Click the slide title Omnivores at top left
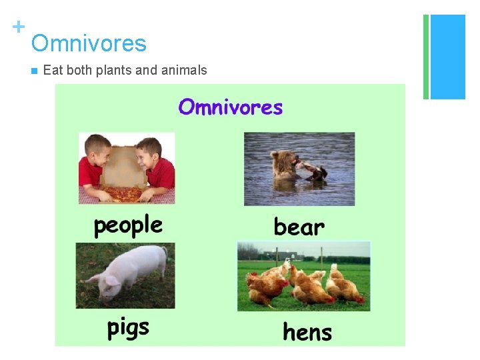coord(89,44)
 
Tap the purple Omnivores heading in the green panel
coord(230,107)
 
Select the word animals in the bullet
coord(183,70)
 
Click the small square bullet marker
coord(33,71)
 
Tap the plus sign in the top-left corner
coord(18,27)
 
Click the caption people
coord(127,226)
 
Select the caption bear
coord(299,227)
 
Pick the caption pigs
coord(128,327)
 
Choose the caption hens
coord(307,331)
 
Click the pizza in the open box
coord(124,194)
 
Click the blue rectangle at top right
coord(448,57)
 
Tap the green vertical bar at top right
coord(425,57)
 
